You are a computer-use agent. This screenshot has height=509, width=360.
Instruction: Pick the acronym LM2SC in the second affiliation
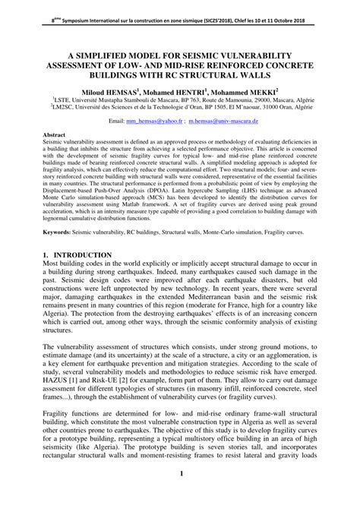[62, 109]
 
